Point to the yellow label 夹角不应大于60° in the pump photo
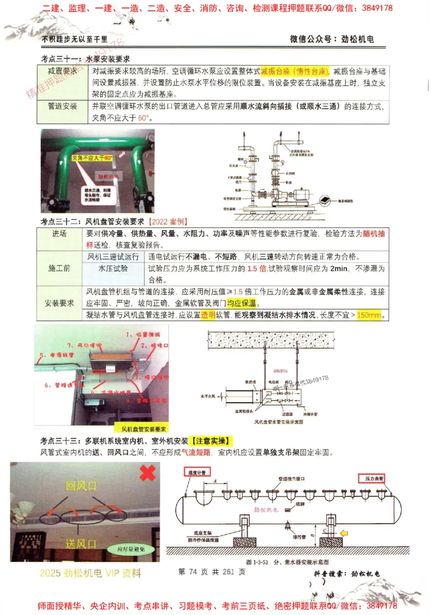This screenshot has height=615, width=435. pos(92,158)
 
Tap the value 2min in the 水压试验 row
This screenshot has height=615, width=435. pos(339,268)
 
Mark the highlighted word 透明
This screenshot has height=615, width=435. pos(208,315)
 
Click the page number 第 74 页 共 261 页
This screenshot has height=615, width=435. pos(212,572)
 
